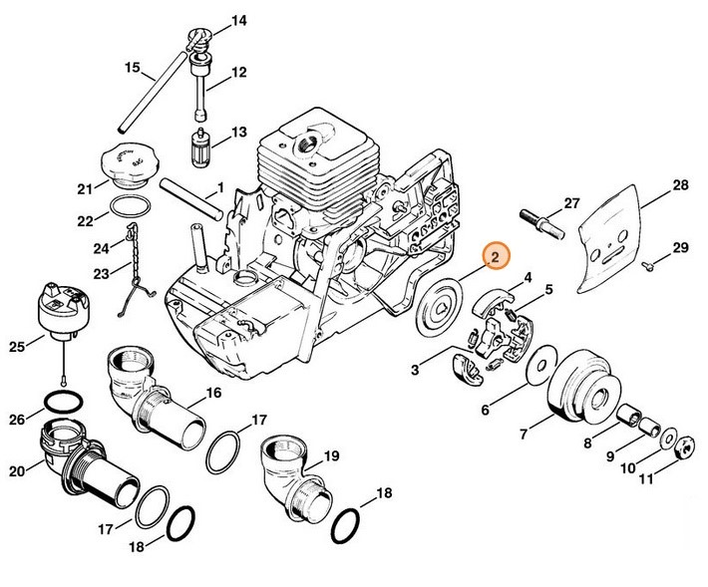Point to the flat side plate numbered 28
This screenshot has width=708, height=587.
614,243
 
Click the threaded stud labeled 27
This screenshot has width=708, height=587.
539,217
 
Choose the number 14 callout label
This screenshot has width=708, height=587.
238,21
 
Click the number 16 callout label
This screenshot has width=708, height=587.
213,393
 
